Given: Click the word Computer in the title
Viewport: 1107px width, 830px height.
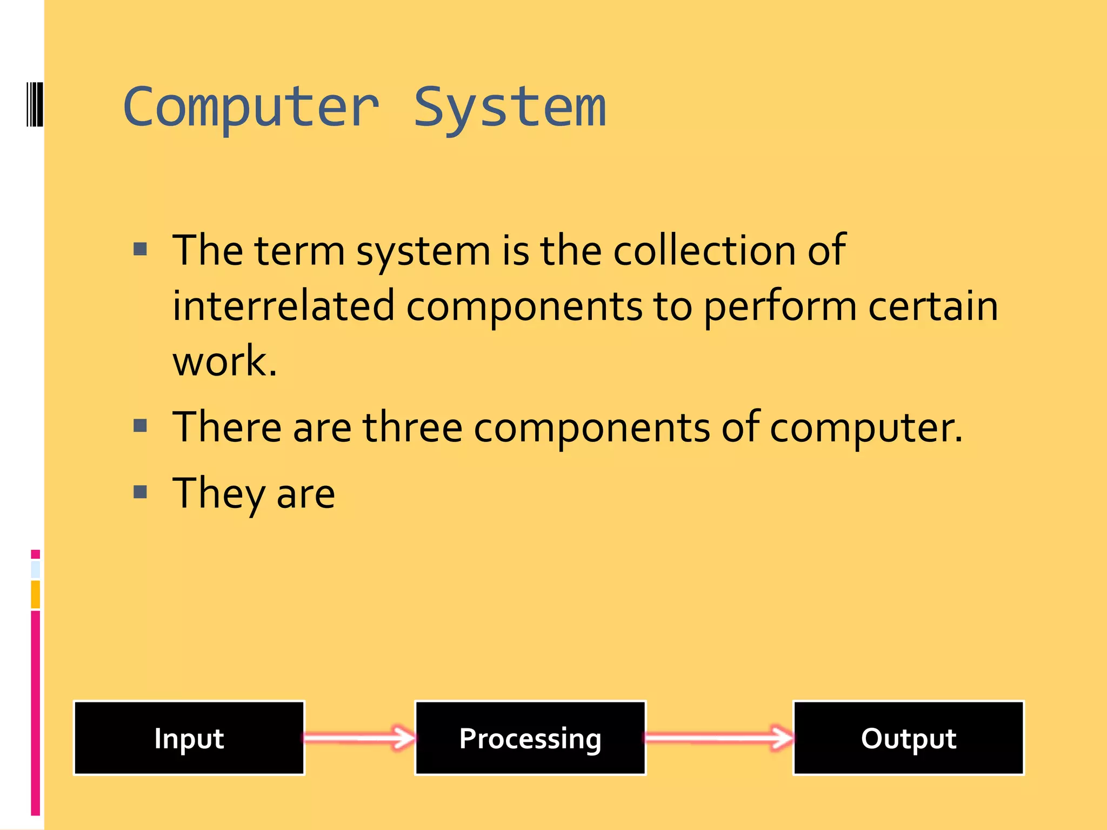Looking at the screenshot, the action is tap(251, 108).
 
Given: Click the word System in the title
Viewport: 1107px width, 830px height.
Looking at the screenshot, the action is tap(510, 108).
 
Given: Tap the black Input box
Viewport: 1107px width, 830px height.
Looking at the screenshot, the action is tap(189, 738).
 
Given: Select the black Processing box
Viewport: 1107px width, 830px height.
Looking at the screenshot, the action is tap(530, 738).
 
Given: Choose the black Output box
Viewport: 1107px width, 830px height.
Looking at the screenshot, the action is tap(908, 738).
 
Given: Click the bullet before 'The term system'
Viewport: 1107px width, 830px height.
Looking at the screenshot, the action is tap(141, 249).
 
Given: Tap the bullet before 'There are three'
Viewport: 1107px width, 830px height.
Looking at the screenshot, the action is tap(141, 426).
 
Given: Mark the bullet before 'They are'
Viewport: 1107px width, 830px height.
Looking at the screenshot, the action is tap(141, 492).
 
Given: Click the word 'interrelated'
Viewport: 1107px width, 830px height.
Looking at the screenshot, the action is tap(283, 306).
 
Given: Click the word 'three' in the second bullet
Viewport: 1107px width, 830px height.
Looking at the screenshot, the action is tap(412, 427).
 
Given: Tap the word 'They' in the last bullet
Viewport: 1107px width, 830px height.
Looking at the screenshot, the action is tap(218, 494).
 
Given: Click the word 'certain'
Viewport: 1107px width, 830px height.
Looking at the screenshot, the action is tap(933, 306).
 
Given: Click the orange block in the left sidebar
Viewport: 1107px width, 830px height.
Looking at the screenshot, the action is tap(35, 594).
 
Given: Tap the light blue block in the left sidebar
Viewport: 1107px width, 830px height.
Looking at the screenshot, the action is tap(35, 569).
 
